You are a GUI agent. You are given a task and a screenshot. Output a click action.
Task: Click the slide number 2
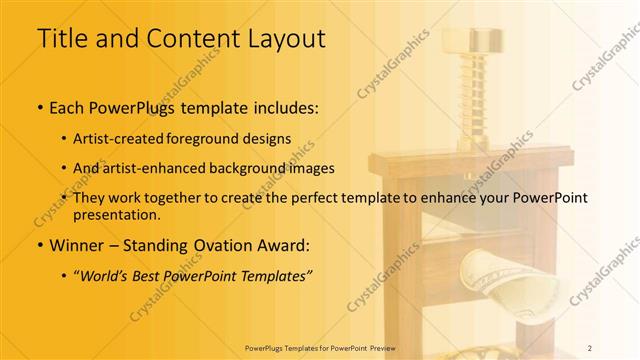pos(590,347)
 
